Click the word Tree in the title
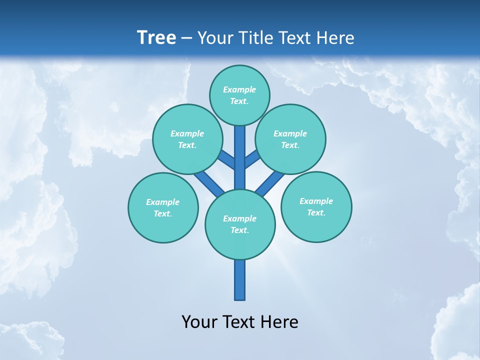pos(156,38)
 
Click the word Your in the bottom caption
pos(199,322)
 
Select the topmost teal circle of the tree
pos(239,95)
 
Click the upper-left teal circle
pos(187,139)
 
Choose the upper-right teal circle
pos(290,139)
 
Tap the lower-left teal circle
pos(163,207)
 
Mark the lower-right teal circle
pos(316,206)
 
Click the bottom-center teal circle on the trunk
pos(240,224)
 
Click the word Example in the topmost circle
pos(239,89)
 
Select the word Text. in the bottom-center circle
pos(239,230)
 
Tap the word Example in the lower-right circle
pos(316,201)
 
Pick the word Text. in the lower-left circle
pos(163,213)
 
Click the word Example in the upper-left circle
pos(187,133)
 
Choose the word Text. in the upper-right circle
pos(290,145)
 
